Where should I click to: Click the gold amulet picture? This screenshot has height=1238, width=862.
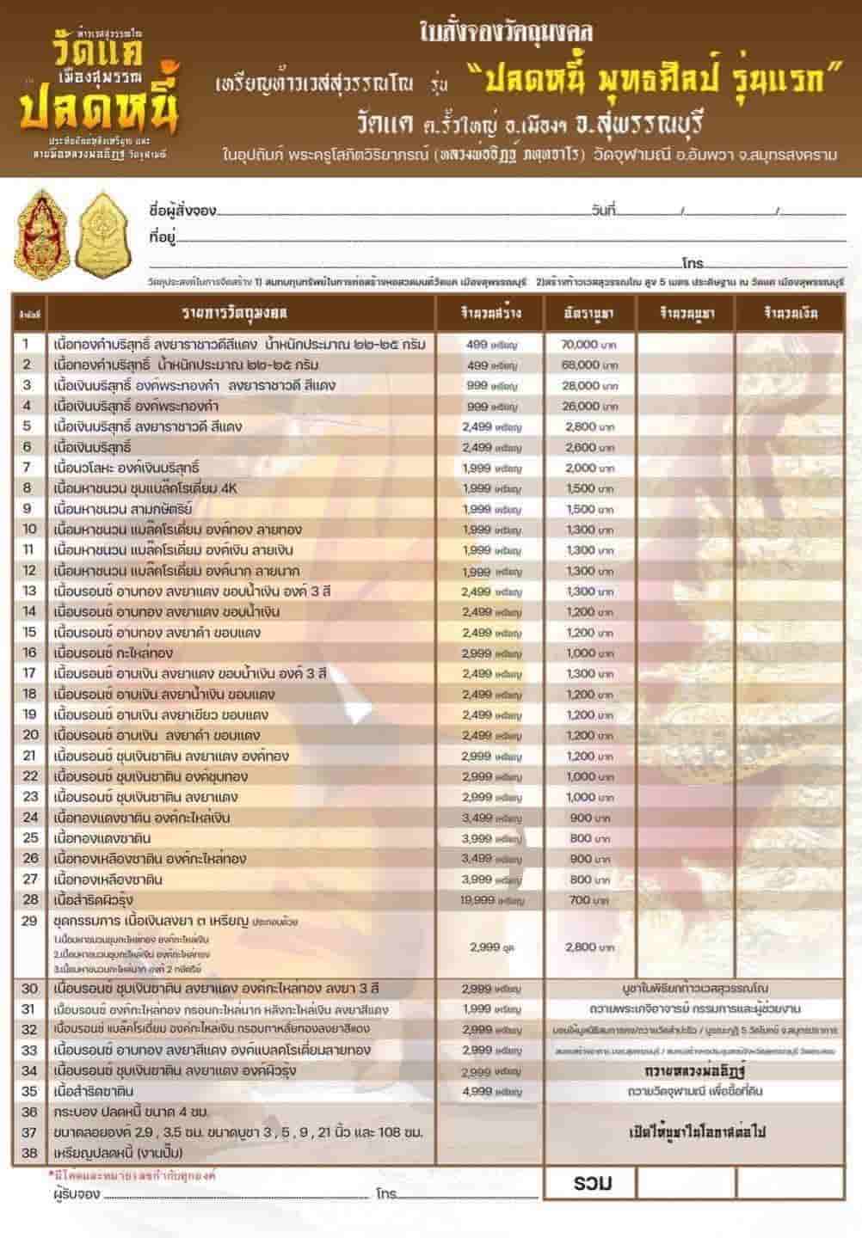pos(107,233)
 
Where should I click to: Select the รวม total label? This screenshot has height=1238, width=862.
pos(592,1184)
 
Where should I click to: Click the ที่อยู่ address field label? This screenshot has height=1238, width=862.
pos(163,234)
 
